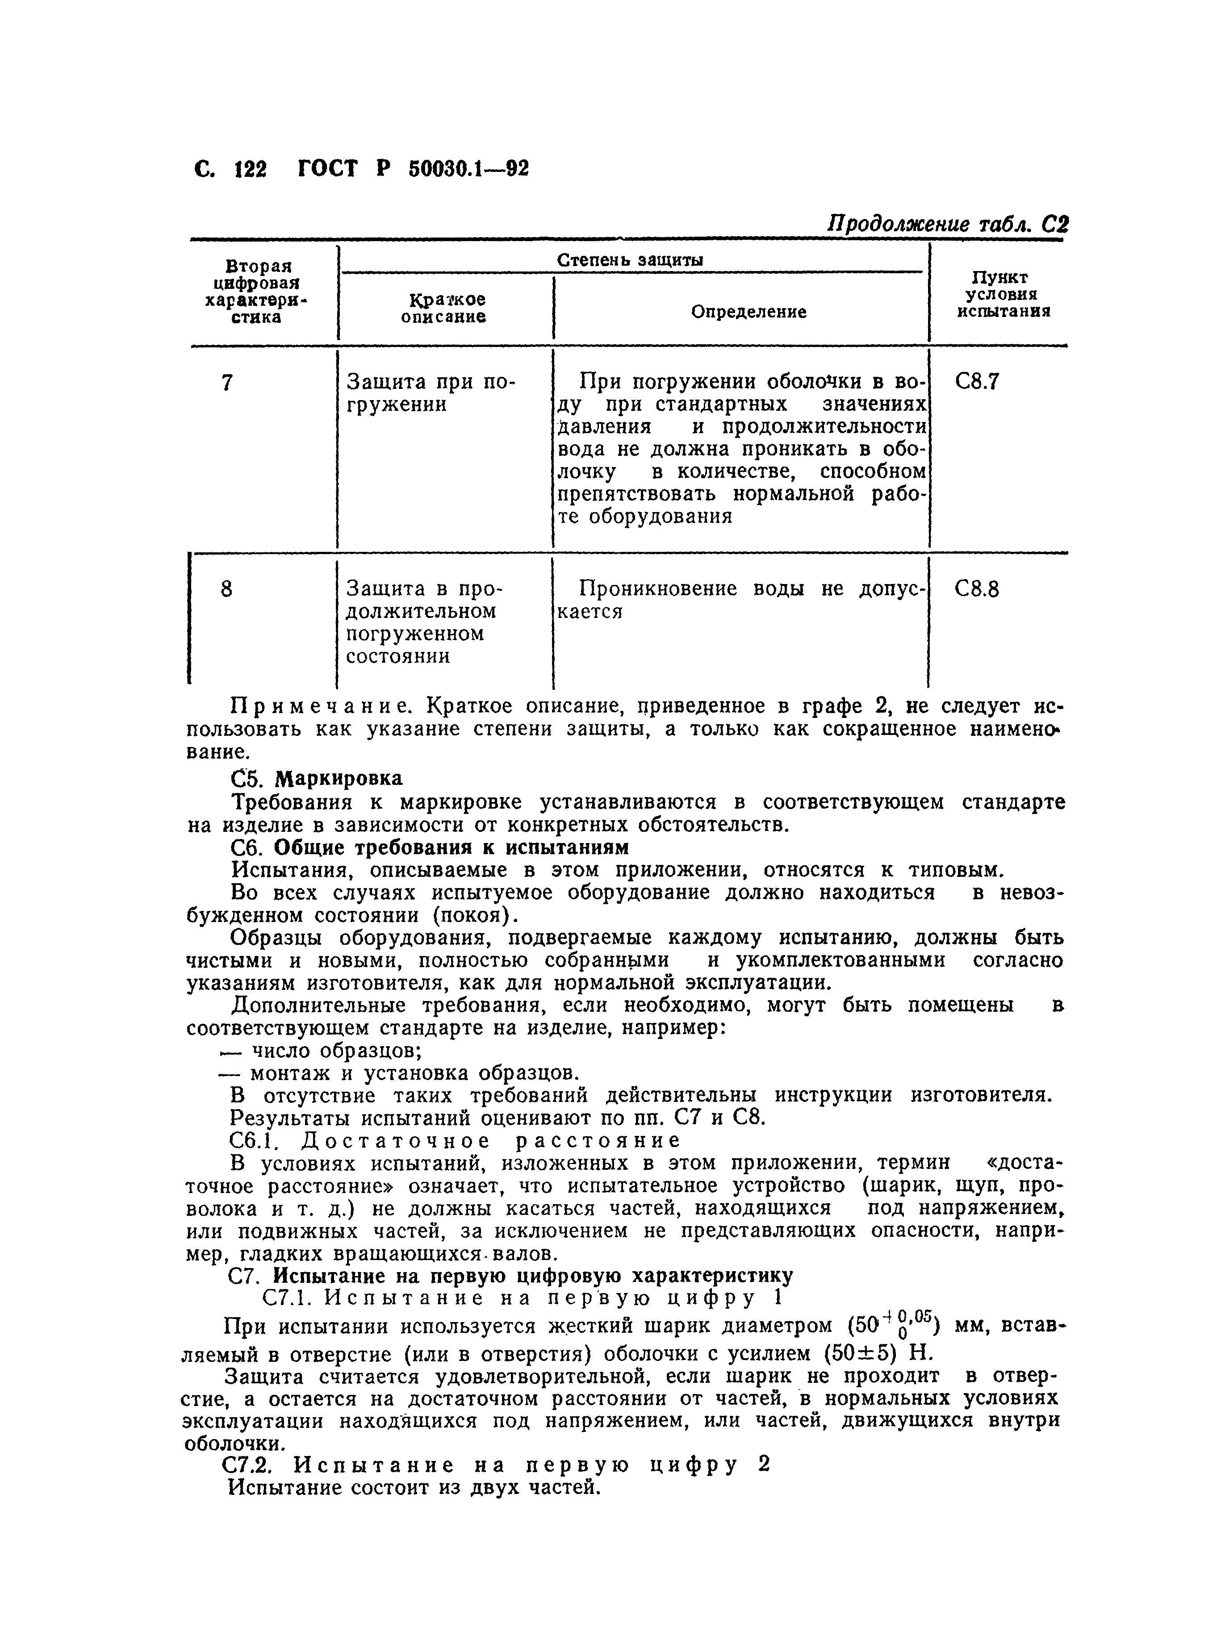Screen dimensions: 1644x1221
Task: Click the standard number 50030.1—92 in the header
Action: [468, 169]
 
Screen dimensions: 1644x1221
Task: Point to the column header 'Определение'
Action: [748, 312]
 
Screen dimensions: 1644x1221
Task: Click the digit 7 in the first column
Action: [227, 383]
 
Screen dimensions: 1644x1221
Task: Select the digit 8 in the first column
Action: [227, 589]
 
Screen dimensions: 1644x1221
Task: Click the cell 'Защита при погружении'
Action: [431, 393]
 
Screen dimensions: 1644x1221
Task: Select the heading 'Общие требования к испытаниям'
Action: [451, 847]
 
